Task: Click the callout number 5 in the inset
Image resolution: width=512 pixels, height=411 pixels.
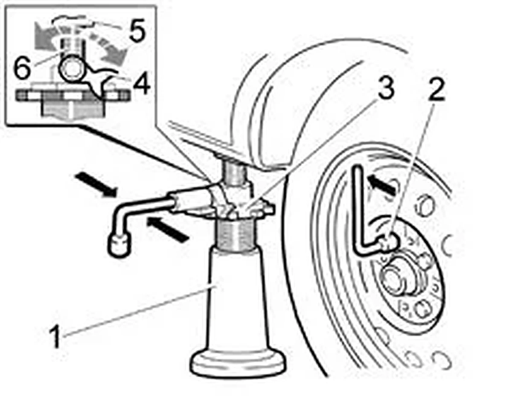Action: [137, 30]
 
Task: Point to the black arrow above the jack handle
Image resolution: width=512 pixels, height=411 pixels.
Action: [96, 185]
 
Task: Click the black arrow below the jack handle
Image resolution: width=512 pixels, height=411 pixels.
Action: [168, 230]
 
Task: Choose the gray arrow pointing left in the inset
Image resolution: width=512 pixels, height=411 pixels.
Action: [48, 36]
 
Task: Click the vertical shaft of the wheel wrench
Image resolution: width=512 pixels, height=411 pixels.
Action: [358, 210]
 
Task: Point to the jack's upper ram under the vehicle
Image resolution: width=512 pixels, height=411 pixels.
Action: [236, 174]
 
